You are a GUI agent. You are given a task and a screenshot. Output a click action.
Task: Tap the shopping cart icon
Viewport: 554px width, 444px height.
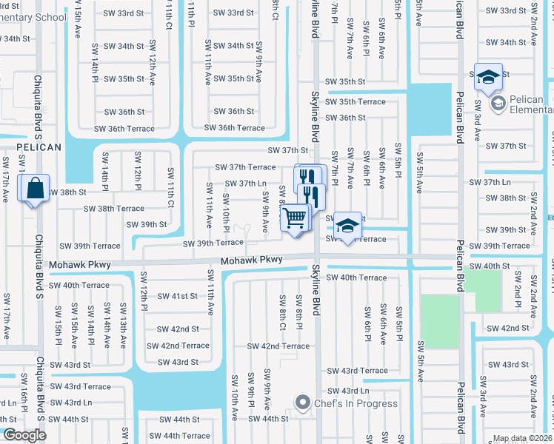(x=295, y=218)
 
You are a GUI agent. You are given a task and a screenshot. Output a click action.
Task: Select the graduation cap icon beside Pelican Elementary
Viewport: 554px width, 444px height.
(x=488, y=77)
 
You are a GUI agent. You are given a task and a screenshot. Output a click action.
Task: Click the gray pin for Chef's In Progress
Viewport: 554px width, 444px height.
(x=301, y=403)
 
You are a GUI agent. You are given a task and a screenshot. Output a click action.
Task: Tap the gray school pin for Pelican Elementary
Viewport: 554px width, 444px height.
(x=497, y=102)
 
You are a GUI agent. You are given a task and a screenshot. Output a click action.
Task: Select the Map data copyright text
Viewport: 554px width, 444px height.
(x=523, y=438)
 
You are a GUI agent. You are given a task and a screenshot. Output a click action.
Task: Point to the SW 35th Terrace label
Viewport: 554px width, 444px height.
(x=356, y=101)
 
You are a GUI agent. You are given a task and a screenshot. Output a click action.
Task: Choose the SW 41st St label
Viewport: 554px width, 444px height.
(x=177, y=296)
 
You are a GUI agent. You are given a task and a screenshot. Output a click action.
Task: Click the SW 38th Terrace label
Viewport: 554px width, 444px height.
(x=113, y=209)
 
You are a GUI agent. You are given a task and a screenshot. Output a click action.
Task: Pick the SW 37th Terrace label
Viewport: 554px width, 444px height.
(x=245, y=167)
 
